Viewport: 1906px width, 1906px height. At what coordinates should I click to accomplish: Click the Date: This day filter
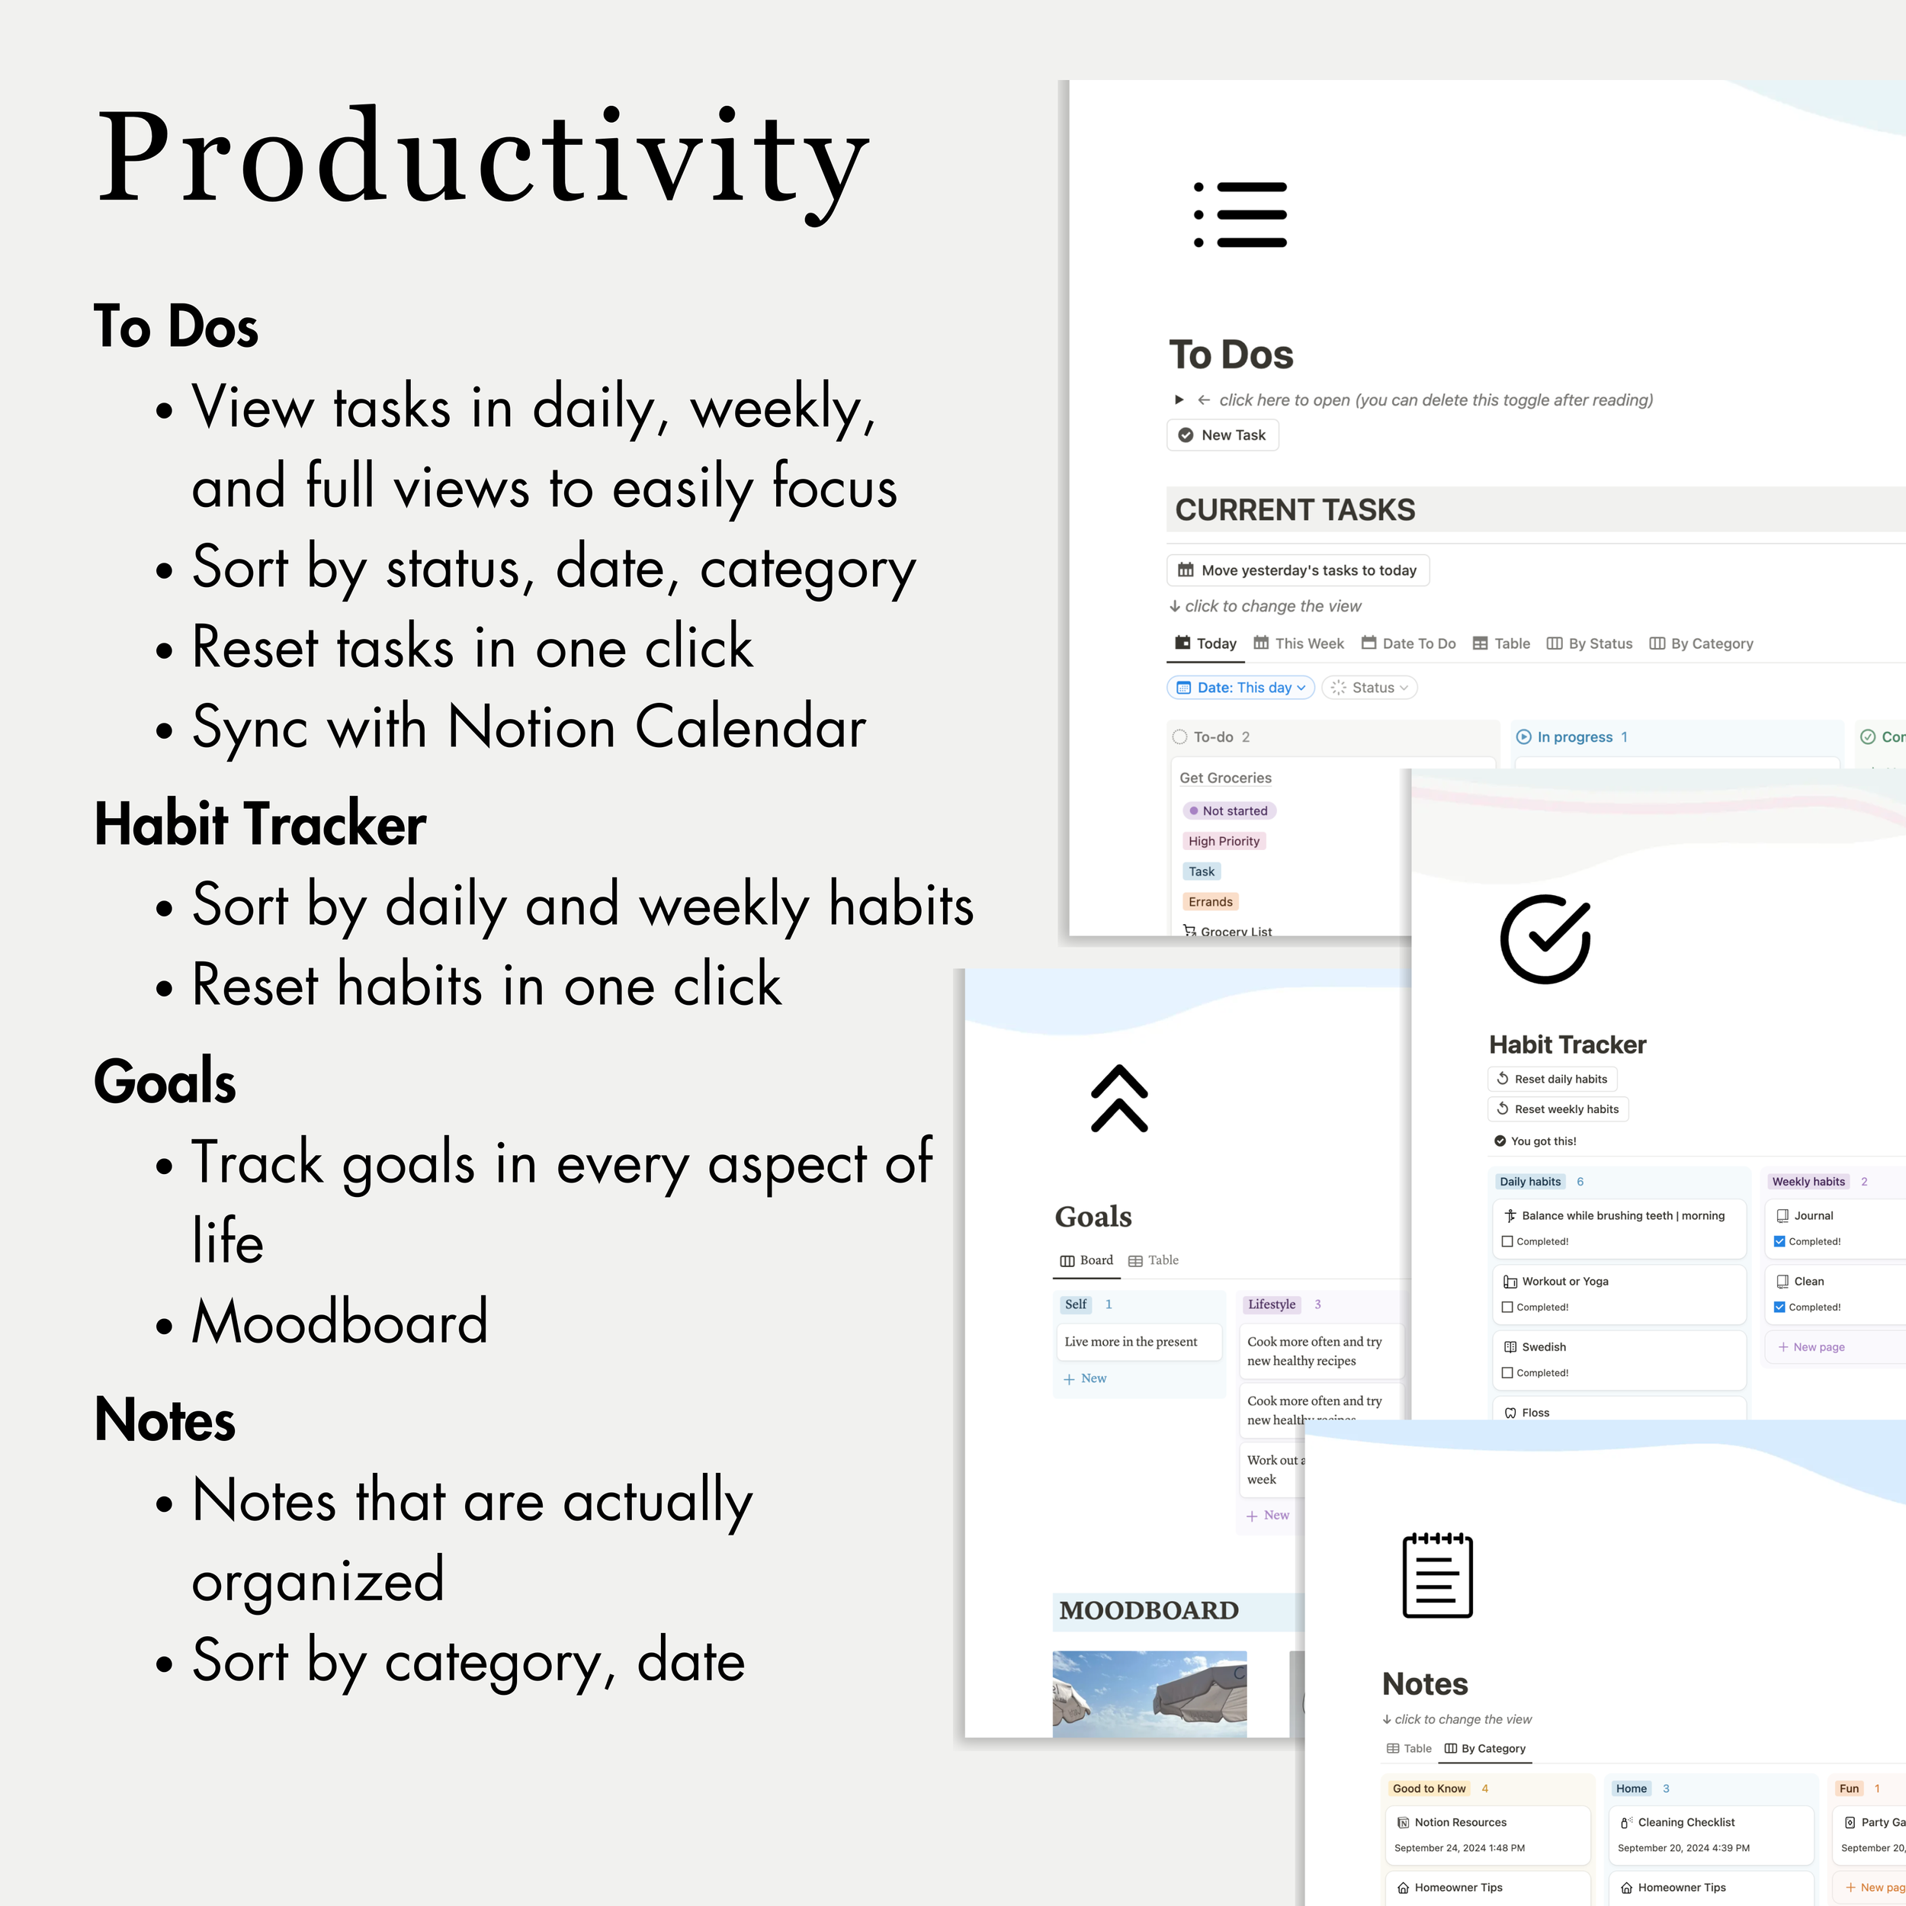click(x=1240, y=688)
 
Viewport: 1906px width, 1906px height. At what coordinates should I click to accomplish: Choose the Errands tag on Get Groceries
click(x=1209, y=902)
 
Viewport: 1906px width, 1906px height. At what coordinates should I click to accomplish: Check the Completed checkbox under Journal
click(x=1779, y=1242)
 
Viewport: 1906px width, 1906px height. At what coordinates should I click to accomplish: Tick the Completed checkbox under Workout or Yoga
click(x=1507, y=1308)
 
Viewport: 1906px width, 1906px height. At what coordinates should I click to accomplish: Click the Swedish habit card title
click(x=1543, y=1346)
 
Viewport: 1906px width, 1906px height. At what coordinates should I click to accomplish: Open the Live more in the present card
click(x=1131, y=1342)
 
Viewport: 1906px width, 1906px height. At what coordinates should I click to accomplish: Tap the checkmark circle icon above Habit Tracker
click(x=1545, y=939)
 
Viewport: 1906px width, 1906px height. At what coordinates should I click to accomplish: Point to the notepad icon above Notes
click(x=1437, y=1576)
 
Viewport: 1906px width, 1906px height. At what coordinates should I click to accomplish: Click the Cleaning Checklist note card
click(x=1686, y=1822)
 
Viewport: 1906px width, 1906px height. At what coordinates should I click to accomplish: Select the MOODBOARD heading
click(x=1148, y=1611)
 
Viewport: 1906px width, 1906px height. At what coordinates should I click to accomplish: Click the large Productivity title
click(x=483, y=158)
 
